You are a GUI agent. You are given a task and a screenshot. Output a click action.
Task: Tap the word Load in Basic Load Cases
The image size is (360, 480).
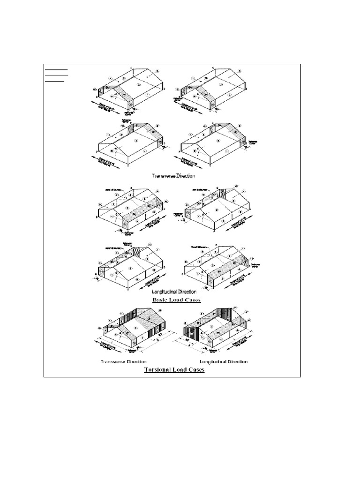pos(179,300)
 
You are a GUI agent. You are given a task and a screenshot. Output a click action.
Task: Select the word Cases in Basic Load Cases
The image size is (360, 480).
pos(193,300)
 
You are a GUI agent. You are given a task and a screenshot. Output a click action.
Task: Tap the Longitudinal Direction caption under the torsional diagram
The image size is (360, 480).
pos(224,362)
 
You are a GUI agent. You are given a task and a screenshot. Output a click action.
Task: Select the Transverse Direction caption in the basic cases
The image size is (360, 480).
pos(173,176)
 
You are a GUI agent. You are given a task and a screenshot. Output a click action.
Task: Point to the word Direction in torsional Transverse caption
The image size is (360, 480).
pos(135,362)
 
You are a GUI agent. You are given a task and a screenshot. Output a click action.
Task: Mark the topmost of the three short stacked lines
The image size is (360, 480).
pos(56,69)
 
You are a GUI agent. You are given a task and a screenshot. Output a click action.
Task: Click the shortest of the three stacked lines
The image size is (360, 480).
pos(54,81)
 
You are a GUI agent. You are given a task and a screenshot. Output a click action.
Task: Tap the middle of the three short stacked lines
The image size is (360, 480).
pos(56,75)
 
